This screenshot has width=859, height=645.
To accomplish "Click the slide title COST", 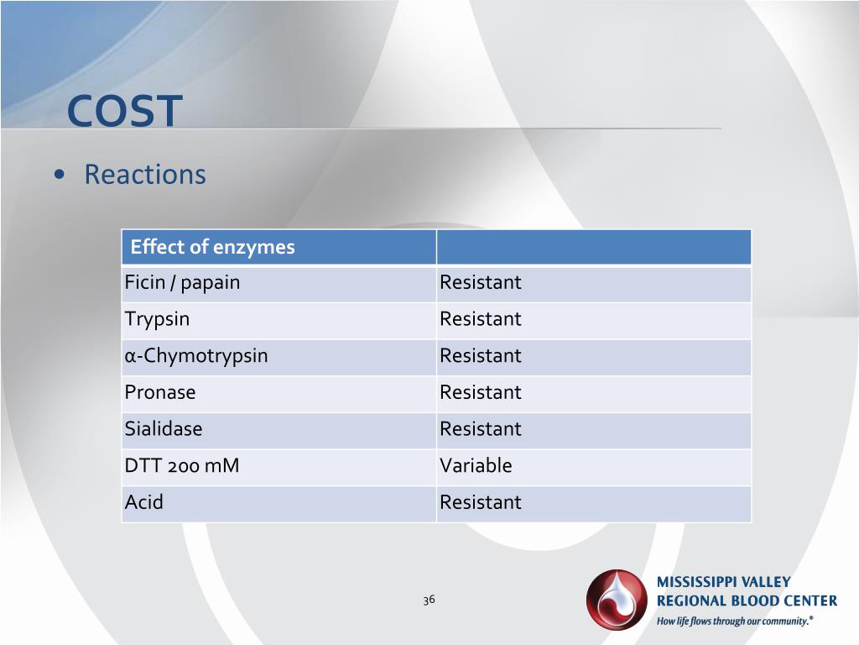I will pos(124,111).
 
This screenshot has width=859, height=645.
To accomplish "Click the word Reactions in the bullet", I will pos(144,175).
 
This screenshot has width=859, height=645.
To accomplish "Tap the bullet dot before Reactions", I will pos(59,176).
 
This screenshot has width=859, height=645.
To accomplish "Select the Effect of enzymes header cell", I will pos(212,247).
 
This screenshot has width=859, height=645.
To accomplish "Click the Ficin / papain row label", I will pos(182,283).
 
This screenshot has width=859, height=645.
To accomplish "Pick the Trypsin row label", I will pos(157,319).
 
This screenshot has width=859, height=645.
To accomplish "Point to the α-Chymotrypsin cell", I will pos(196,356).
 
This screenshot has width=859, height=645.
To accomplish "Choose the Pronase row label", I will pos(159,392).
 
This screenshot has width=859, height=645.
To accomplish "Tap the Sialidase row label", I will pos(164,429).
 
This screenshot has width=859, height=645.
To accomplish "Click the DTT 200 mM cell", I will pos(181,465).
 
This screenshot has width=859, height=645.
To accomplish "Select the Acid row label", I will pos(144,502).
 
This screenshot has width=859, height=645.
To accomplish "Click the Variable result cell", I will pos(476,465).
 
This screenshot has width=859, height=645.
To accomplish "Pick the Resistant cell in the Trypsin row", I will pos(481,319).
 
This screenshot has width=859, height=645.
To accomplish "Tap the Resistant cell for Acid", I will pos(481,502).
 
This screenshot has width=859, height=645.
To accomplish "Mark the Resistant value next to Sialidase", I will pos(481,429).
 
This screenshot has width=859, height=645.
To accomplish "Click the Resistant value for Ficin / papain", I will pos(481,283).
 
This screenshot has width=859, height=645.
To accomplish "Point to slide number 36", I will pos(429,600).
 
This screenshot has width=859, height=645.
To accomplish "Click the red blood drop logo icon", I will pos(617,600).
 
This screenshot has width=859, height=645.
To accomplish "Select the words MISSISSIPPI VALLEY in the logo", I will pos(723,582).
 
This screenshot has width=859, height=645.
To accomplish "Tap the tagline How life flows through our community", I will pos(735,621).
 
